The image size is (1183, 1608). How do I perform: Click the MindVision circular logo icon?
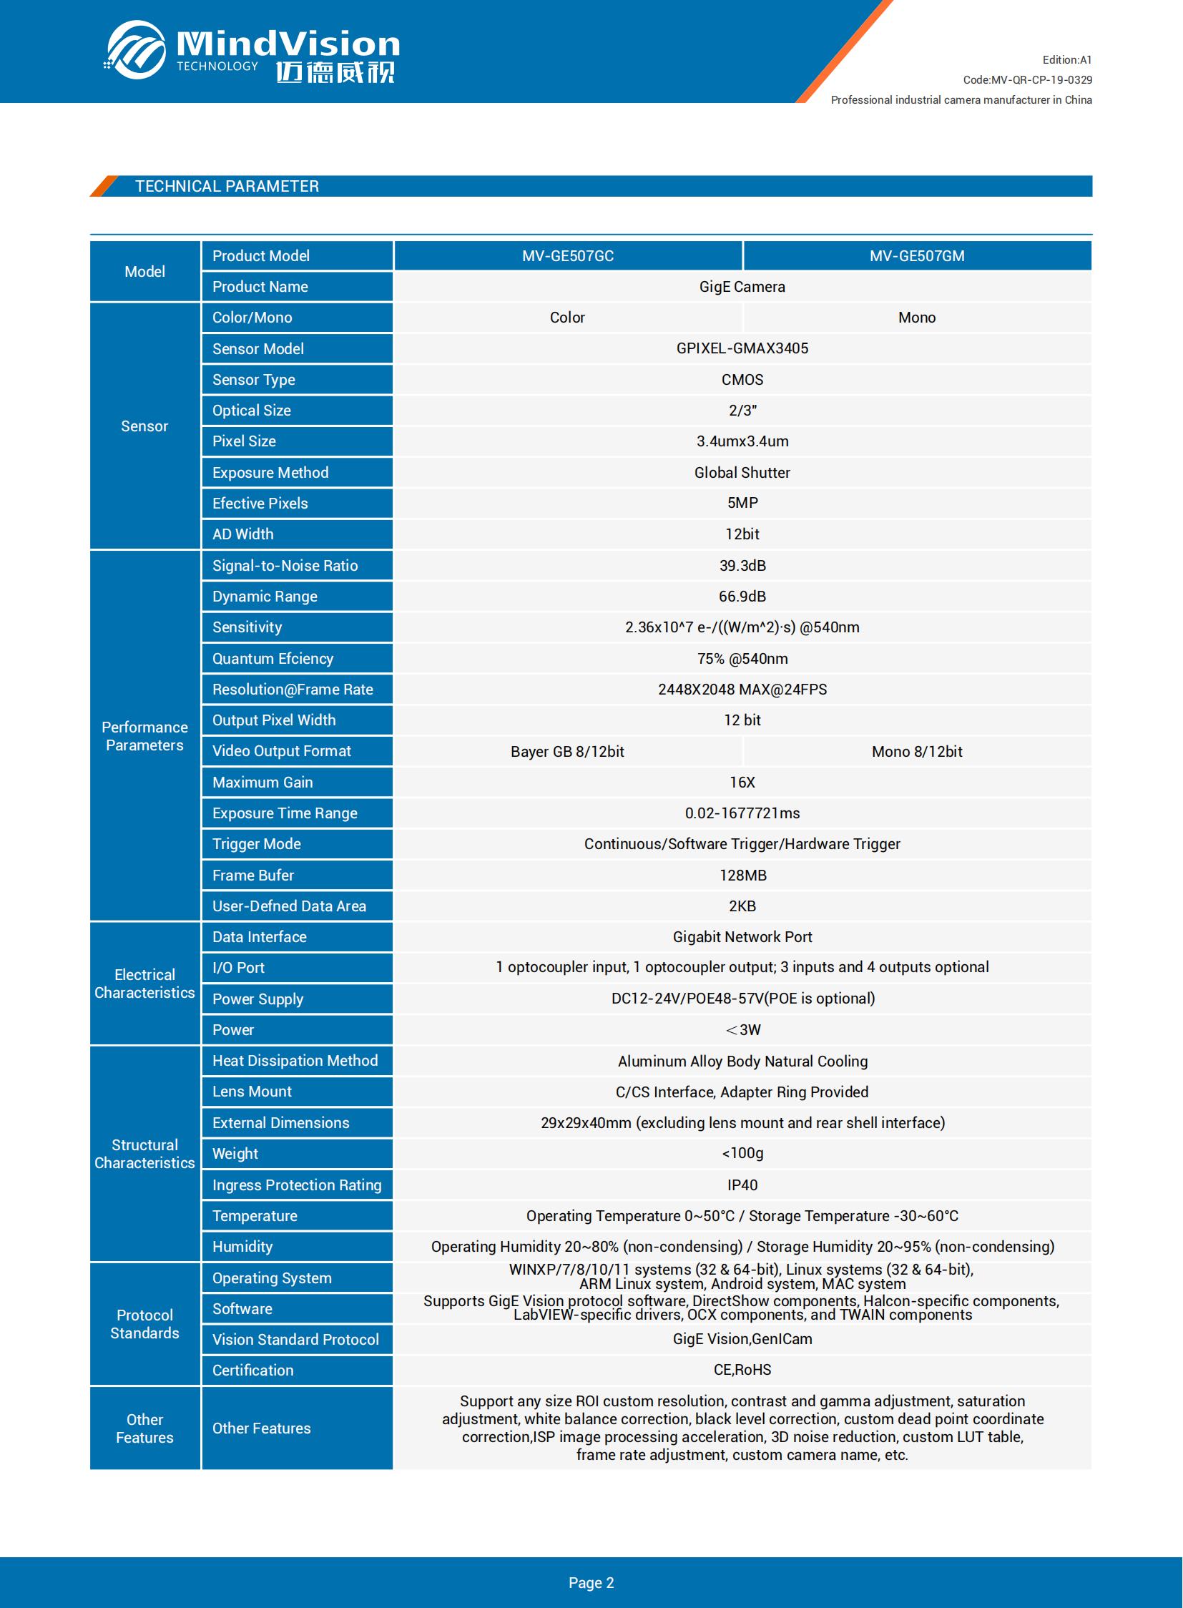click(136, 49)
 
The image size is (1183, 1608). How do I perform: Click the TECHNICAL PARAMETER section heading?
click(227, 186)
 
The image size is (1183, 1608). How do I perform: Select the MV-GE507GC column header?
click(567, 255)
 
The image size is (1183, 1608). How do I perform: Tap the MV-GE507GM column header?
click(917, 255)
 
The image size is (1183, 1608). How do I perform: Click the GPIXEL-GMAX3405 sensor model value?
click(742, 348)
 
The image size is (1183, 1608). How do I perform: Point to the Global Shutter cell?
click(742, 473)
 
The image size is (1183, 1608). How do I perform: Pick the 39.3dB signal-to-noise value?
click(742, 566)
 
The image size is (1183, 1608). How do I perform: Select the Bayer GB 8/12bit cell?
click(567, 751)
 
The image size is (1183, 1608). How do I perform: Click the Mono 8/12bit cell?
click(917, 751)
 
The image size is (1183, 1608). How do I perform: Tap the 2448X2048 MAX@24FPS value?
click(742, 689)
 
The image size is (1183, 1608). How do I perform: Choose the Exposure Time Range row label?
click(284, 813)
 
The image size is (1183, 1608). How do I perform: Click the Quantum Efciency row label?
click(273, 658)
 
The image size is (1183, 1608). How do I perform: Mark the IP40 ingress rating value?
click(742, 1185)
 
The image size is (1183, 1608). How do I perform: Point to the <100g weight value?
click(742, 1153)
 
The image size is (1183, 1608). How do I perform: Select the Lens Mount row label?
click(252, 1092)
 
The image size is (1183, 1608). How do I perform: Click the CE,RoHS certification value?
click(742, 1370)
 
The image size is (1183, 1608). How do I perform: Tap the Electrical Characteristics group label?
click(144, 984)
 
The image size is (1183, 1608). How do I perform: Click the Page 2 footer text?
click(591, 1582)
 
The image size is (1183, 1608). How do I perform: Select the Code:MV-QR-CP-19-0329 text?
click(1027, 79)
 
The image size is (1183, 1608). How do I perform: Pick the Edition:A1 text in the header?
click(1066, 60)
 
